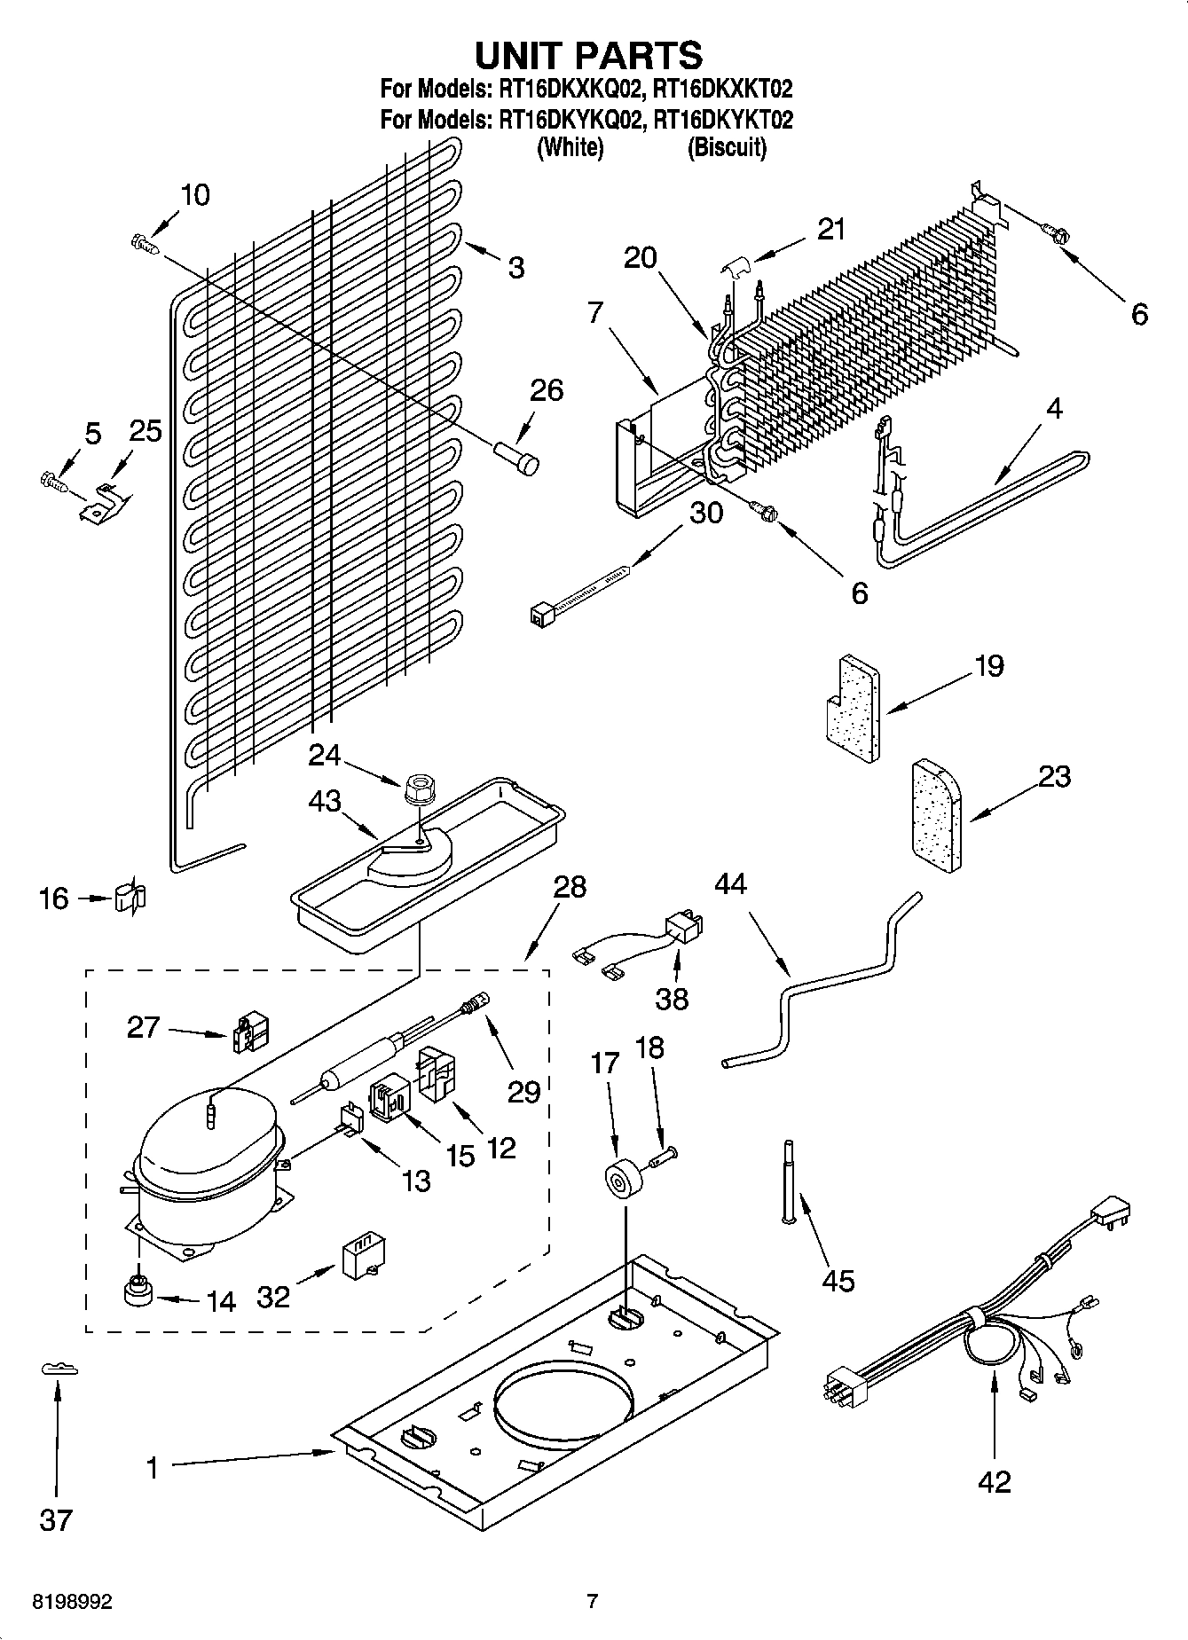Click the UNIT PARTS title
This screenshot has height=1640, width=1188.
click(x=589, y=55)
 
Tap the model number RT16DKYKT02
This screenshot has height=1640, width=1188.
click(x=722, y=119)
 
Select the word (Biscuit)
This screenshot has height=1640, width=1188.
click(x=726, y=147)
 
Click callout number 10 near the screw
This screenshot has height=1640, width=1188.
click(x=195, y=195)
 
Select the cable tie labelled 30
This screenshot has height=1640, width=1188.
click(x=581, y=590)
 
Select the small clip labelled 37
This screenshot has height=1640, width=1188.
click(x=59, y=1370)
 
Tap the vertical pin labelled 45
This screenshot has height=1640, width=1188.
click(x=787, y=1181)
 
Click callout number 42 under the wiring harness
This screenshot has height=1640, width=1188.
click(x=994, y=1481)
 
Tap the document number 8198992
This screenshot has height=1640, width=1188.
click(x=73, y=1602)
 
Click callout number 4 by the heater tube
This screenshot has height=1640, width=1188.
click(x=1053, y=409)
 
